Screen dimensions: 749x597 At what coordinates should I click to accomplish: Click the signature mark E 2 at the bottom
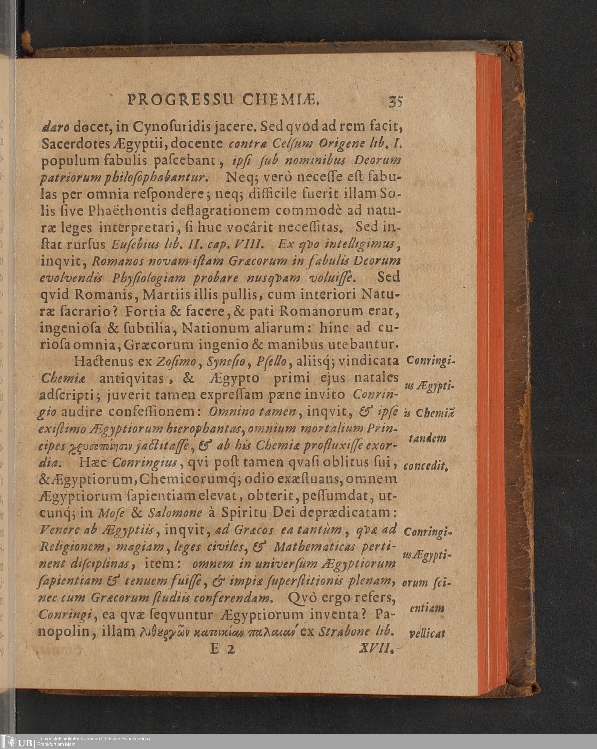pos(222,649)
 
